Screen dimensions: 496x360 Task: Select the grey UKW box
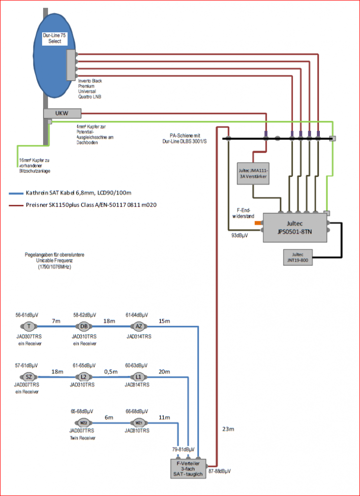[x=62, y=114]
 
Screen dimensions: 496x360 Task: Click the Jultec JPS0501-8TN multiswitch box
[x=295, y=228]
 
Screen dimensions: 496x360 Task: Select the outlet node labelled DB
[x=83, y=326]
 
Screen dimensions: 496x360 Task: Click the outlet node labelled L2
[x=83, y=377]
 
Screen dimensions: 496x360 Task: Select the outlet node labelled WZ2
[x=83, y=423]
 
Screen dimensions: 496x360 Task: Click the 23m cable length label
[x=228, y=429]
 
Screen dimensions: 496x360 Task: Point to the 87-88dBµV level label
[x=220, y=471]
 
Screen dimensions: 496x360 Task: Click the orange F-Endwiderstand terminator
[x=258, y=223]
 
